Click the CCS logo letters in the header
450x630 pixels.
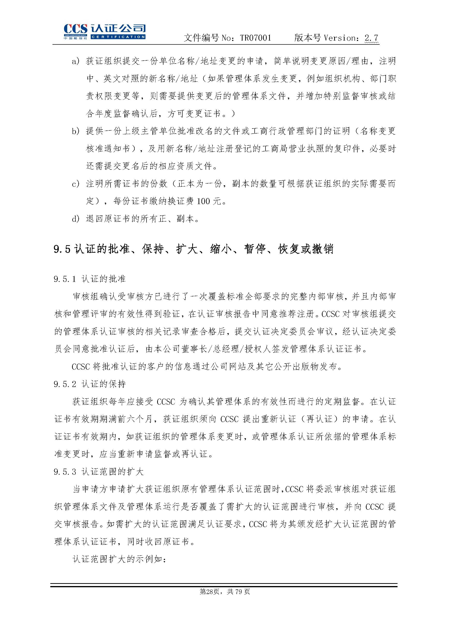[75, 29]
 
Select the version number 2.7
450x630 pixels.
[371, 38]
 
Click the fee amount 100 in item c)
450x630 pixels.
[203, 201]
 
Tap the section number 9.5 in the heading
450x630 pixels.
[62, 249]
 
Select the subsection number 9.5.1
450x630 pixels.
[65, 279]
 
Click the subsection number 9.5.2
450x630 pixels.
[65, 384]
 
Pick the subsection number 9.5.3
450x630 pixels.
[65, 472]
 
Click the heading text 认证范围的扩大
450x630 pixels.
[112, 472]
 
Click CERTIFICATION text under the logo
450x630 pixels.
[118, 37]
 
